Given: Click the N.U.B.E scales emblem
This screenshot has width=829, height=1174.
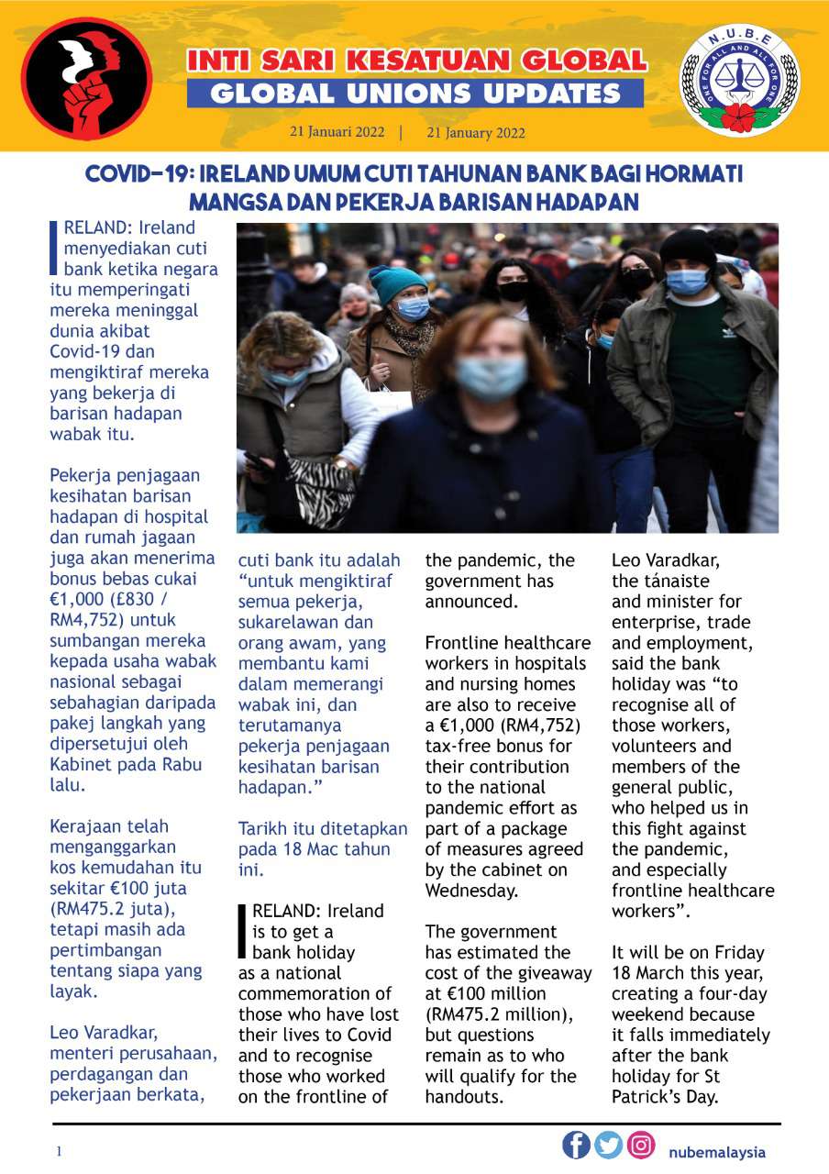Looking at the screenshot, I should (738, 81).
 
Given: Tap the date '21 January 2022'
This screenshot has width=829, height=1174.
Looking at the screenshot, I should (476, 133).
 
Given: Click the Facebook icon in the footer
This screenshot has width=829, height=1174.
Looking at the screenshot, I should (576, 1145).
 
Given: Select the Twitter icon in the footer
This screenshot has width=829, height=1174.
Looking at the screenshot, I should (608, 1145).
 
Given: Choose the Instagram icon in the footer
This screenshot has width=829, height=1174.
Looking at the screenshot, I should (641, 1145).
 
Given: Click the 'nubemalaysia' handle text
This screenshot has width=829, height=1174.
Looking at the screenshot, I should (716, 1152).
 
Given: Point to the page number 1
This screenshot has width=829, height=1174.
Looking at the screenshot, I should (59, 1152).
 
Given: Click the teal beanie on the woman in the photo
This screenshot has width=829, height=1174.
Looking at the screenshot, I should (396, 282).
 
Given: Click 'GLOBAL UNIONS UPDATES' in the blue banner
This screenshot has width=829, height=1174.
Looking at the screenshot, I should (415, 93).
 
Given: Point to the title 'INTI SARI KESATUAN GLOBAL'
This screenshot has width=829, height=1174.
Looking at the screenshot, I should (416, 61).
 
